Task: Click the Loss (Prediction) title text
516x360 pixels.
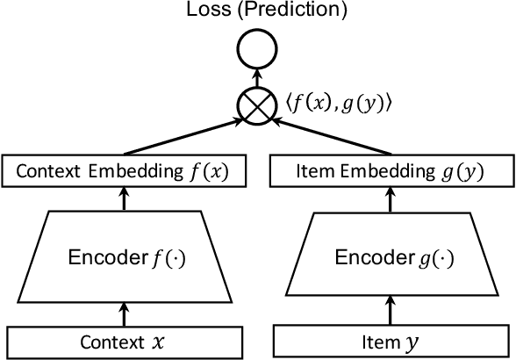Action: coord(257,12)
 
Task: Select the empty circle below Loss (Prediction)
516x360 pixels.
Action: coord(257,53)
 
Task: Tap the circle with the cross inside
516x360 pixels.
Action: coord(257,104)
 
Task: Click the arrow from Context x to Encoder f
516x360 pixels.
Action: coord(124,313)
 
